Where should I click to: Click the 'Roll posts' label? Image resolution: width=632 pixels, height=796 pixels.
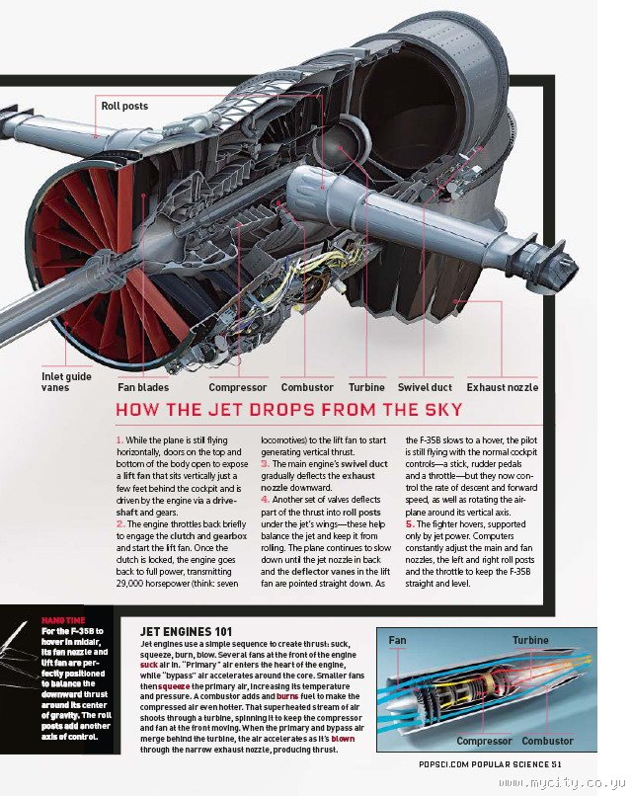click(x=124, y=106)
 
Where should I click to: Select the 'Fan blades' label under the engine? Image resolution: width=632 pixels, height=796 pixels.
click(x=143, y=388)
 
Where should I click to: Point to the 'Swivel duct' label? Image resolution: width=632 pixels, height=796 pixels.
click(x=425, y=388)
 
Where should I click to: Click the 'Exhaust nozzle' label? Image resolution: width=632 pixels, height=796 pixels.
click(x=502, y=388)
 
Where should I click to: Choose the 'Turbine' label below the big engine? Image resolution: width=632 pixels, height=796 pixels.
click(x=366, y=388)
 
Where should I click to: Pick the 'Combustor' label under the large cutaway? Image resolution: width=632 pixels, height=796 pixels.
click(x=306, y=388)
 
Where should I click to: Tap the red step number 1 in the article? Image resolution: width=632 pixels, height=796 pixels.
click(x=118, y=438)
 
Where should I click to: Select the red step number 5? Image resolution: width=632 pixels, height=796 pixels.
click(x=409, y=524)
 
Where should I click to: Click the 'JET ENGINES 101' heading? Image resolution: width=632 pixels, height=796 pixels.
click(x=187, y=629)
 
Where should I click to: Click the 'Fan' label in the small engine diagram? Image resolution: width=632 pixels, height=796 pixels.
click(x=397, y=640)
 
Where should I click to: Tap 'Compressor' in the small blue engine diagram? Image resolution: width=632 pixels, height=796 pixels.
click(x=484, y=741)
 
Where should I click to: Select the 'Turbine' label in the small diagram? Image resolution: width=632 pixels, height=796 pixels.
click(x=530, y=640)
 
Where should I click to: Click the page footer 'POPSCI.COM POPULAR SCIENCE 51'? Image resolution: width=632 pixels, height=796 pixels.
click(x=489, y=763)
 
